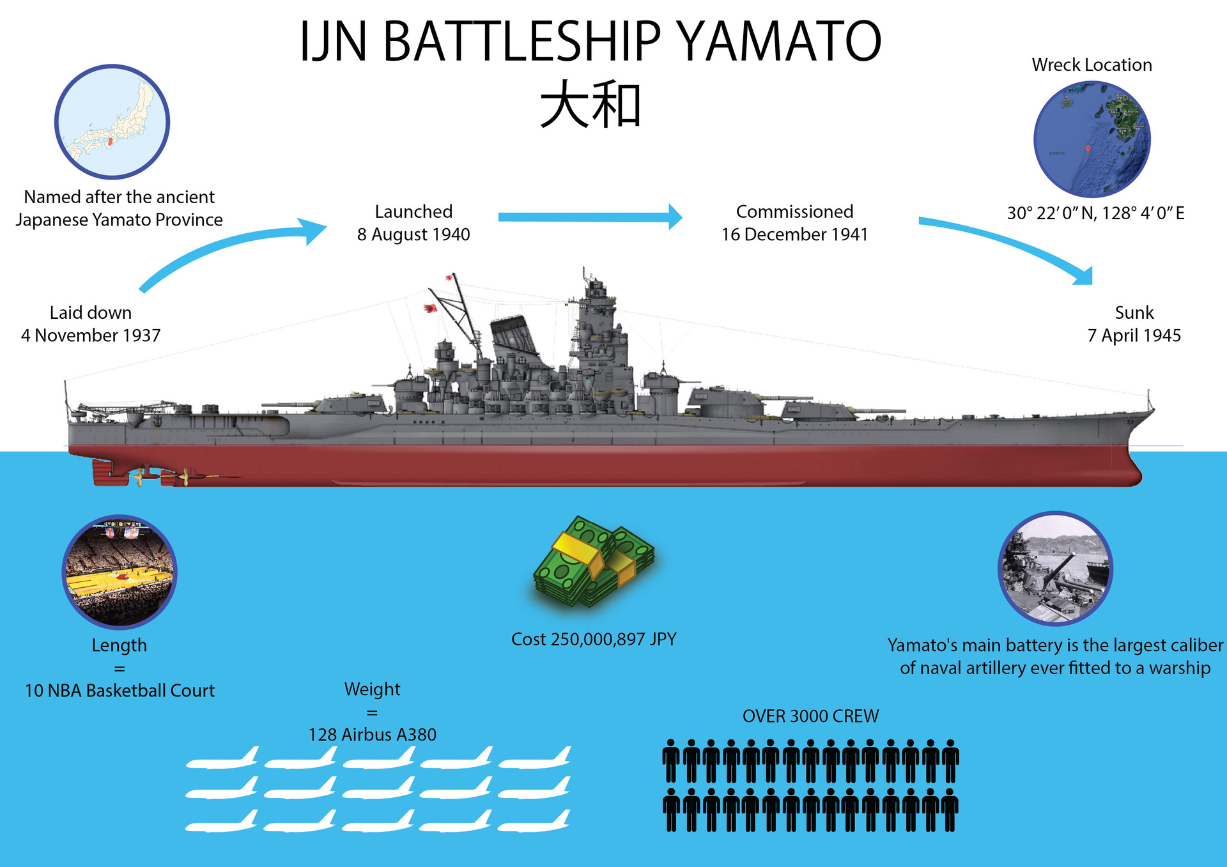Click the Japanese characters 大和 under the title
pos(590,105)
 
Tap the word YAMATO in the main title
pos(778,42)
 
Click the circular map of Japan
pos(112,121)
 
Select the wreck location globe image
pos(1092,139)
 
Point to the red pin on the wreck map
pos(1088,150)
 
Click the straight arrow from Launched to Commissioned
pos(589,217)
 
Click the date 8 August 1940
pos(413,234)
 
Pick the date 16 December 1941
pos(794,234)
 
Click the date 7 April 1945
pos(1134,335)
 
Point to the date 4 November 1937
pos(91,335)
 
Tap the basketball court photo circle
pos(120,572)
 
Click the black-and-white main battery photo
pos(1055,568)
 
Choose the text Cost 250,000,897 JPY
pos(594,639)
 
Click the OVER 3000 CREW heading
pos(810,716)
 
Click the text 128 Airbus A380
pos(373,735)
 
